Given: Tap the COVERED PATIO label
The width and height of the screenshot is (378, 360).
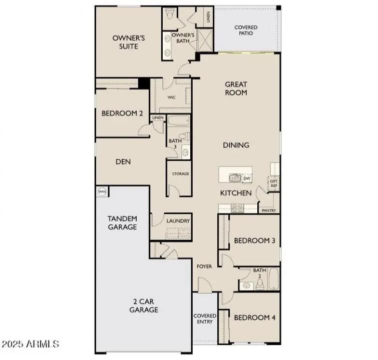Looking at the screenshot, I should click(246, 30).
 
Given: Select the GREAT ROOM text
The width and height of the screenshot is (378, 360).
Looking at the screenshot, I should click(236, 88).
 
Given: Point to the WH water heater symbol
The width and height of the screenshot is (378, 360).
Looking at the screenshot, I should click(102, 191).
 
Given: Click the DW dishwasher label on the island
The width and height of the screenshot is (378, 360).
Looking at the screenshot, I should click(247, 178).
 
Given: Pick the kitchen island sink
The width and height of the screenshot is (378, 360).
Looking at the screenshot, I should click(234, 177).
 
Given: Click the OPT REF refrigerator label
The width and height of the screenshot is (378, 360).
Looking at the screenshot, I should click(274, 183).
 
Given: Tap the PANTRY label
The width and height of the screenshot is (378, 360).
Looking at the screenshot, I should click(269, 210).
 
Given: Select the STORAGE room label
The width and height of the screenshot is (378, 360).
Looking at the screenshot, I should click(180, 174).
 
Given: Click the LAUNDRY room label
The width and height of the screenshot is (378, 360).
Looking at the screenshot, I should click(178, 220).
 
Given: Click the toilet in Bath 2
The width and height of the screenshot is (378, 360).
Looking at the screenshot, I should click(260, 284).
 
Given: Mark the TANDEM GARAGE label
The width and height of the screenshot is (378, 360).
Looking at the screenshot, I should click(122, 223).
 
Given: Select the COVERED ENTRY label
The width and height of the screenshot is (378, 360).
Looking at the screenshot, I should click(205, 318).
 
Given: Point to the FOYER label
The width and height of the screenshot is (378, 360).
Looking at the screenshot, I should click(204, 266).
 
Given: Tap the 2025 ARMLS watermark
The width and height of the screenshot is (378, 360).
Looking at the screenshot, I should click(31, 344).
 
